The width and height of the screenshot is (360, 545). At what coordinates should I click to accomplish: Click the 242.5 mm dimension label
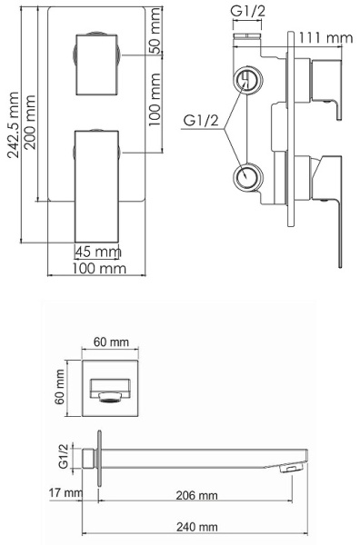pos(14,124)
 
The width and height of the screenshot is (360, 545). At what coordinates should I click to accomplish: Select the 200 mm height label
pos(30,123)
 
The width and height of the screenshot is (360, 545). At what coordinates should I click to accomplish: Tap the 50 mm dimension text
pos(155,31)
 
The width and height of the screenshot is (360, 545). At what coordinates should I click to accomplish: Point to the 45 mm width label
pos(98,252)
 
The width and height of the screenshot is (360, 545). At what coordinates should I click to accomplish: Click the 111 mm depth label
pos(326,37)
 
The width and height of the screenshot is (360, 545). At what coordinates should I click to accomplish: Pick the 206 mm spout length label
pos(197,495)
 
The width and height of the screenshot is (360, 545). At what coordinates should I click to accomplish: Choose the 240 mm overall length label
pos(197,527)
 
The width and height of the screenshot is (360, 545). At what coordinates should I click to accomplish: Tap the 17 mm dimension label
pos(66,492)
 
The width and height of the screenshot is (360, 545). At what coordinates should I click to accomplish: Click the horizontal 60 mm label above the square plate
pos(111,342)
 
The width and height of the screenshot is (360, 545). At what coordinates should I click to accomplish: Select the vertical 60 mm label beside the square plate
pos(59,387)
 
